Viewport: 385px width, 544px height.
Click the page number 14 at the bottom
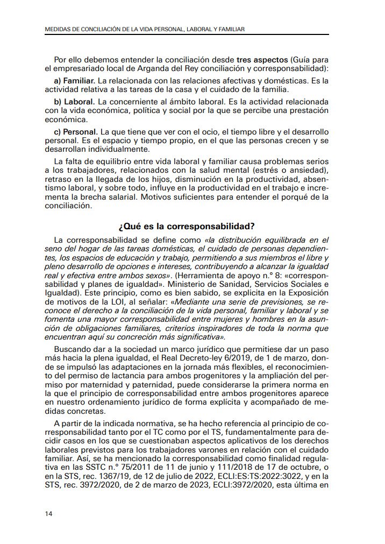48,513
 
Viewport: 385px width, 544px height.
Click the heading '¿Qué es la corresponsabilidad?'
186,226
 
